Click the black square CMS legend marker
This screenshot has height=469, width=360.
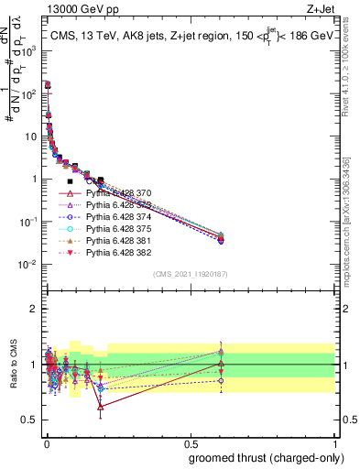click(70, 181)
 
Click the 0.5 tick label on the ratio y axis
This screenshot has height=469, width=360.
click(29, 420)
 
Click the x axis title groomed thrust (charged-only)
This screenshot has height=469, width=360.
click(272, 459)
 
